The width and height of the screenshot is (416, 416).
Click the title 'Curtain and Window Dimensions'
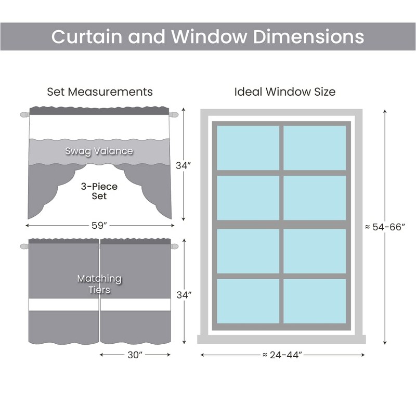(207, 36)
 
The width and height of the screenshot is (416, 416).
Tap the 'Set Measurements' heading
(100, 92)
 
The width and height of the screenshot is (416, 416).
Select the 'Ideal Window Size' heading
(284, 92)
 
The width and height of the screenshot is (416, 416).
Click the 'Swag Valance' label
(99, 151)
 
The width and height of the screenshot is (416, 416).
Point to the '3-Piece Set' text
(99, 191)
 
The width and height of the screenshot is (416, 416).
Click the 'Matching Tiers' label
(99, 284)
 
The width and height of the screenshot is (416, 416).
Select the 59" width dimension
(99, 226)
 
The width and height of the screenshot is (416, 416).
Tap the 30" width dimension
(135, 355)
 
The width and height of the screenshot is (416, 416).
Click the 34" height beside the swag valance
(184, 165)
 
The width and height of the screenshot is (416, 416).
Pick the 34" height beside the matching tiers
(184, 295)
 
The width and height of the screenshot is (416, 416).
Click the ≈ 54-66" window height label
(385, 227)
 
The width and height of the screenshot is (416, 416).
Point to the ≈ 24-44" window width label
(282, 355)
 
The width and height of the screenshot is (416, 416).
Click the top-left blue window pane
(248, 148)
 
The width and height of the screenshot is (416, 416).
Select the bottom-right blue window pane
(315, 301)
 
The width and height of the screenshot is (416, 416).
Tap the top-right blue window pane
(315, 148)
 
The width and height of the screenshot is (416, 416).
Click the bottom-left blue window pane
(248, 301)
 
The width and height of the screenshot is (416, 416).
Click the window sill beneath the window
(281, 340)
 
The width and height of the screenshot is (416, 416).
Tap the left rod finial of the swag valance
(24, 114)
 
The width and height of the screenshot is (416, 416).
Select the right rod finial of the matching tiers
(175, 246)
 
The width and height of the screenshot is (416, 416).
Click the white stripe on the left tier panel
(63, 305)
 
